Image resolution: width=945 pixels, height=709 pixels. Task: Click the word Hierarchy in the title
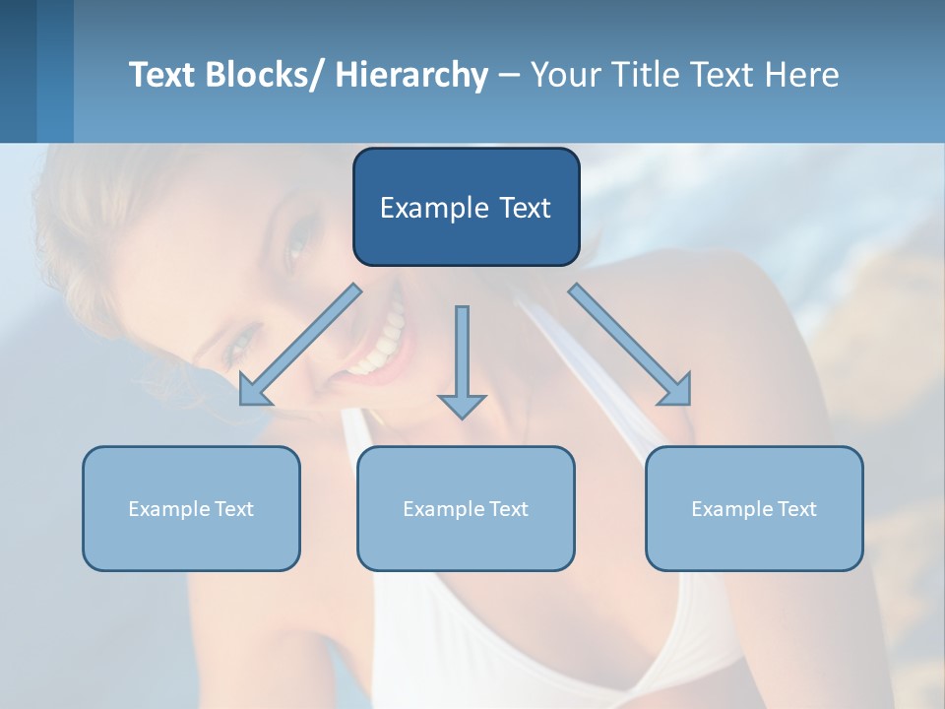pyautogui.click(x=411, y=75)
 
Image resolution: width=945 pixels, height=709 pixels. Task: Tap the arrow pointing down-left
pyautogui.click(x=300, y=345)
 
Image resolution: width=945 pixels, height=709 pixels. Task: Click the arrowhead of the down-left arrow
pyautogui.click(x=252, y=392)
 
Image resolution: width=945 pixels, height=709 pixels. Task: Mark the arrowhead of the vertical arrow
pyautogui.click(x=462, y=405)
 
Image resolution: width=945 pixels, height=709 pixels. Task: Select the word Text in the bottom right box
pyautogui.click(x=797, y=509)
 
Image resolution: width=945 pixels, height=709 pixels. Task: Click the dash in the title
pyautogui.click(x=509, y=75)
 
